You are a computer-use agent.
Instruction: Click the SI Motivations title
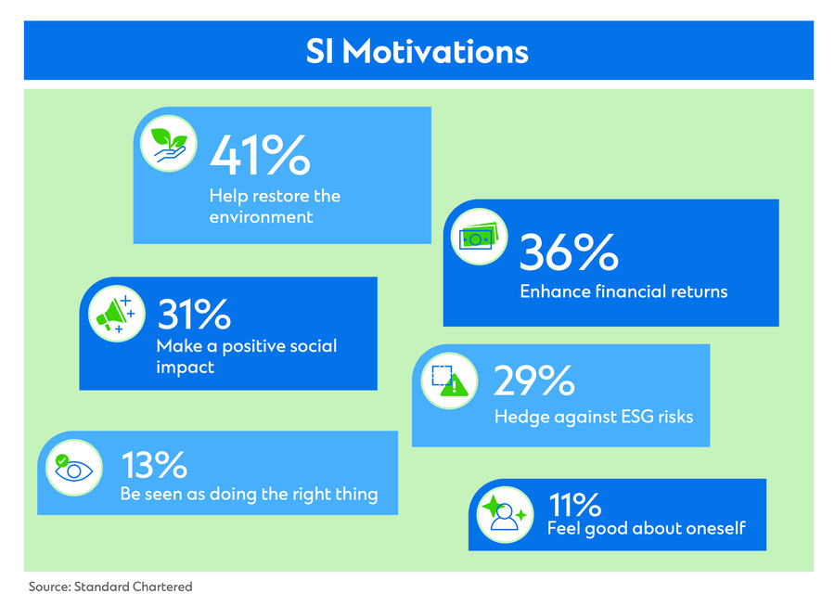(417, 52)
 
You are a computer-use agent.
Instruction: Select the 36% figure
(569, 251)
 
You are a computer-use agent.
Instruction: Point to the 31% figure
(194, 315)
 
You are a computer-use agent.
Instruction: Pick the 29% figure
(534, 380)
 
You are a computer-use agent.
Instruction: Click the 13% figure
(154, 465)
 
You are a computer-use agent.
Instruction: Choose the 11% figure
(574, 504)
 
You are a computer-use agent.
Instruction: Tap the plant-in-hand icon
(169, 144)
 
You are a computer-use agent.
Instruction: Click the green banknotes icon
(479, 237)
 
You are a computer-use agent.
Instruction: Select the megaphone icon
(117, 314)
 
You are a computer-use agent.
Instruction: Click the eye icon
(74, 468)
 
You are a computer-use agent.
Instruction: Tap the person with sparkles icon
(505, 514)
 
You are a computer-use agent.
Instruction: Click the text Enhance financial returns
(623, 291)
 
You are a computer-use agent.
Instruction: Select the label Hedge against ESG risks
(594, 417)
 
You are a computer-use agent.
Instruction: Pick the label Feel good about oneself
(647, 528)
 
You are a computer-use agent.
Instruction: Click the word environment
(261, 217)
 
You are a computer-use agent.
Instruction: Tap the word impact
(186, 367)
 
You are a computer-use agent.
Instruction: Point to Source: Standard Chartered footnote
(110, 587)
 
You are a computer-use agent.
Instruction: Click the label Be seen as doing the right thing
(250, 494)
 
